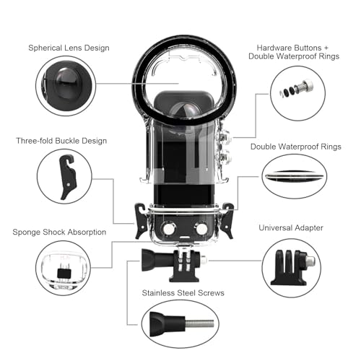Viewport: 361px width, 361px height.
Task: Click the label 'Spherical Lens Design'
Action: [x=69, y=48]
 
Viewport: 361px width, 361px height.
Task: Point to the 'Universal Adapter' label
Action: [x=292, y=227]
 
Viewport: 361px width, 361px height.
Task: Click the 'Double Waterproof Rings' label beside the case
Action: [x=297, y=147]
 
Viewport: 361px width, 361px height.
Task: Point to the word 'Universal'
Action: [x=277, y=227]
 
